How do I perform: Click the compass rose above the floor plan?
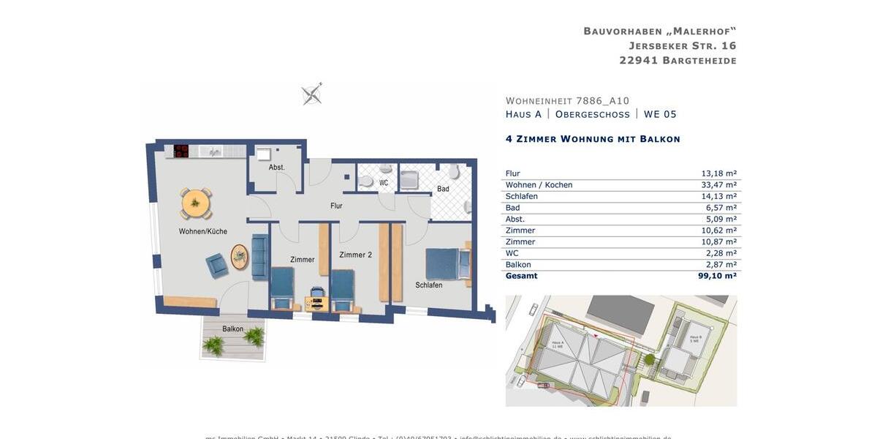[x=312, y=94]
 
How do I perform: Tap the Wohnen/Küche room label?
[x=202, y=231]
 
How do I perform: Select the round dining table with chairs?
[x=196, y=203]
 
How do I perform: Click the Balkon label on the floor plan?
[x=233, y=329]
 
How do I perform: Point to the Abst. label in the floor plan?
[x=276, y=168]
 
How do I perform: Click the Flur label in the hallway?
[x=336, y=206]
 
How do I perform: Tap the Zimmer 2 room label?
[x=356, y=255]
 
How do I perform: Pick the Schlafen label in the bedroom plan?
[x=429, y=285]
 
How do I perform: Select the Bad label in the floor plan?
[x=443, y=189]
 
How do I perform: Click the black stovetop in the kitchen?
[x=181, y=151]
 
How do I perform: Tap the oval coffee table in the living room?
[x=239, y=257]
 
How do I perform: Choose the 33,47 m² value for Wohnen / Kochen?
[x=718, y=185]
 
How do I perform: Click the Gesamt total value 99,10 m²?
[x=717, y=276]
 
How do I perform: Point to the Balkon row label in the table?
[x=518, y=265]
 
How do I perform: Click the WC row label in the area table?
[x=512, y=253]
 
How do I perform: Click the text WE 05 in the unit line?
[x=660, y=114]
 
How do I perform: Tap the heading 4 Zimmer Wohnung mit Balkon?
[x=593, y=139]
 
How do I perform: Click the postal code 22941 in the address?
[x=638, y=61]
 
